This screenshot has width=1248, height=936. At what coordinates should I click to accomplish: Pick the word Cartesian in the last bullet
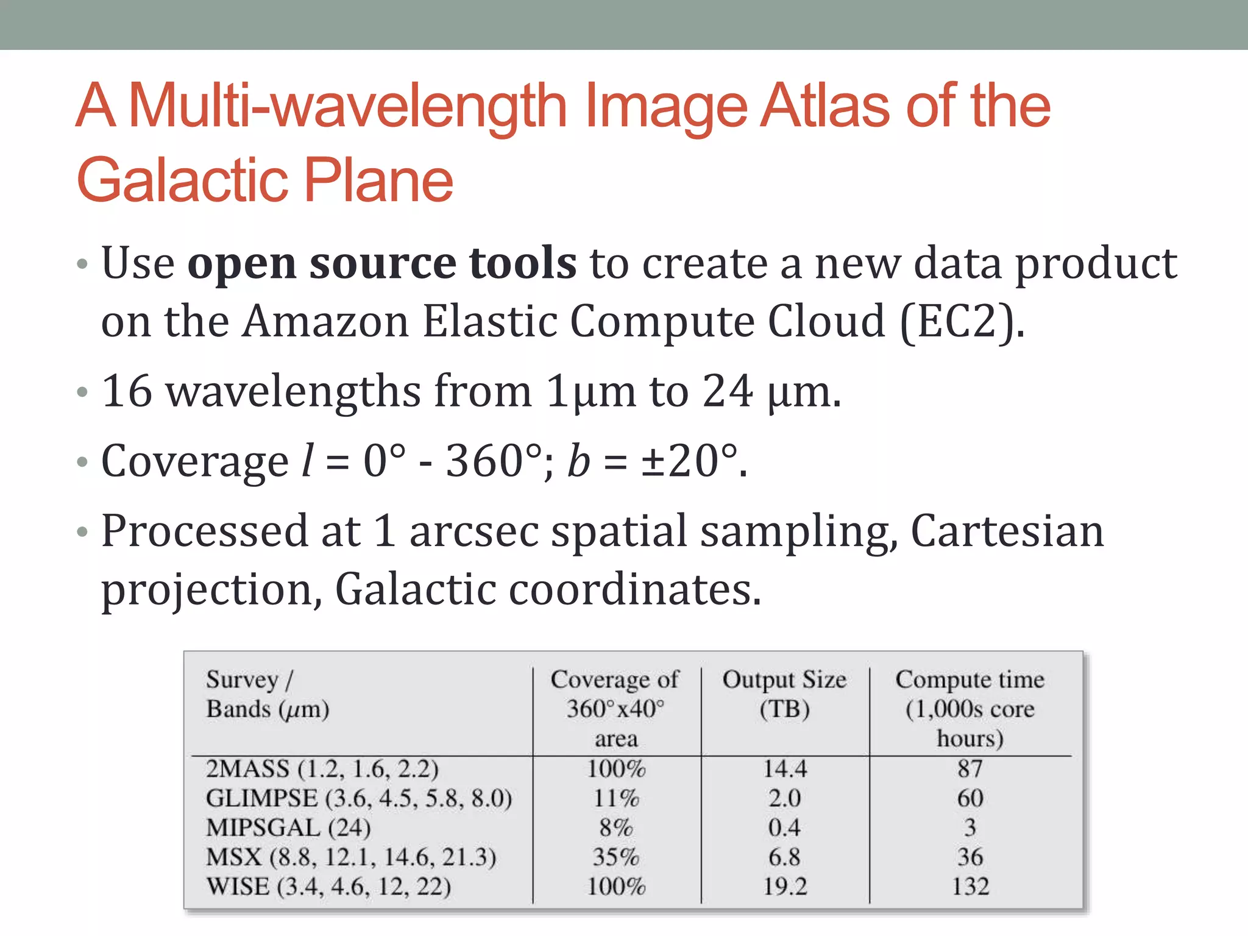pos(1007,531)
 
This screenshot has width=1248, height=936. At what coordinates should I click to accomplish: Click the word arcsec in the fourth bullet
pos(473,531)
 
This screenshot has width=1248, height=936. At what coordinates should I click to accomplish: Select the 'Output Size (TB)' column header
pos(784,694)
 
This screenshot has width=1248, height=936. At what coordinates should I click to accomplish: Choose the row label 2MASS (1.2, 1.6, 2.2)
pos(322,769)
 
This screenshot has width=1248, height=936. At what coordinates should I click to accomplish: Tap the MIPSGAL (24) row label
pos(288,828)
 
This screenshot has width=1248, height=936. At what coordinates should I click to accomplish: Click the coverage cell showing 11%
pos(616,798)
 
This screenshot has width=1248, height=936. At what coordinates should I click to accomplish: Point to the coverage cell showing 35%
pos(616,857)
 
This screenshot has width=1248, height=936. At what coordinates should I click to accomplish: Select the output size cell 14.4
pos(785,769)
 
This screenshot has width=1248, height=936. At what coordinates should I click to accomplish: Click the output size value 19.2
pos(785,887)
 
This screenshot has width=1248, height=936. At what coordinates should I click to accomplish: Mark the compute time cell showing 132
pos(970,887)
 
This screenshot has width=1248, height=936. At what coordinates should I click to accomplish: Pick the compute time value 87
pos(970,769)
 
